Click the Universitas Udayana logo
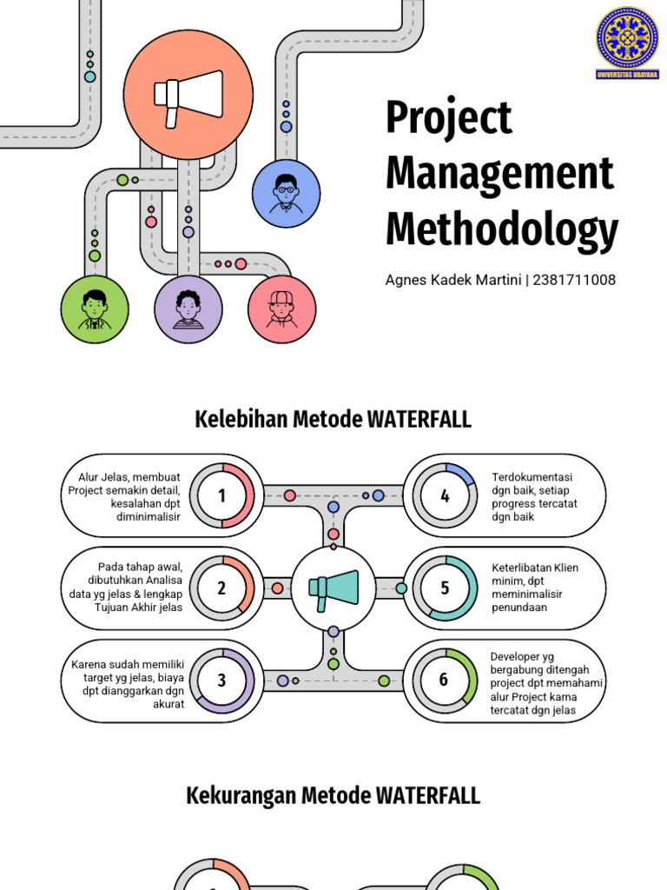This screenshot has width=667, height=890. pyautogui.click(x=627, y=43)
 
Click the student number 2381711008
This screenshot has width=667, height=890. pyautogui.click(x=574, y=280)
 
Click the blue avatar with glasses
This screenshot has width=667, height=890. pyautogui.click(x=286, y=193)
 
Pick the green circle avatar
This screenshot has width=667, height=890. pyautogui.click(x=95, y=309)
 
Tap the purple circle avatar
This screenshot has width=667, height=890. pyautogui.click(x=188, y=309)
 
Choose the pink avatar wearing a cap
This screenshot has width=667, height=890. pyautogui.click(x=281, y=309)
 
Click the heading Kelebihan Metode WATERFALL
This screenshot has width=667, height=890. pyautogui.click(x=333, y=420)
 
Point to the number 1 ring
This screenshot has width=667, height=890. pyautogui.click(x=221, y=495)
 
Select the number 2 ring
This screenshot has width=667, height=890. pyautogui.click(x=221, y=588)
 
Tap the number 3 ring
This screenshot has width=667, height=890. pyautogui.click(x=221, y=681)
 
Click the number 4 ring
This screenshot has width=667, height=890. pyautogui.click(x=445, y=495)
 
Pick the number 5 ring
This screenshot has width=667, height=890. pyautogui.click(x=445, y=588)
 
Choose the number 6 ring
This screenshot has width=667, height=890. pyautogui.click(x=444, y=680)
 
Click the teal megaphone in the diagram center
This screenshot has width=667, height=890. pyautogui.click(x=333, y=588)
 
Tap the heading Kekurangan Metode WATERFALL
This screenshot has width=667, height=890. pyautogui.click(x=333, y=795)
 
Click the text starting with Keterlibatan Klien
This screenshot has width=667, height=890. pyautogui.click(x=534, y=588)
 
